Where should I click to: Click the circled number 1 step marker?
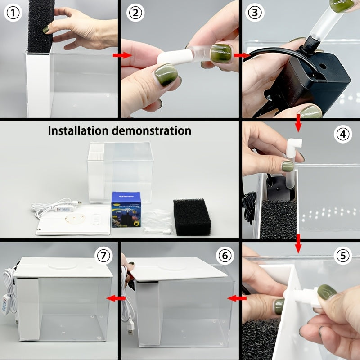tap(14, 13)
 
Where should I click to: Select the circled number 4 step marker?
tap(343, 134)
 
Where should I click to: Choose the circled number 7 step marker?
tap(104, 256)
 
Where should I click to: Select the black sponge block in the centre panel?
tap(192, 217)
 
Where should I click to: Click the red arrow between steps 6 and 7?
tap(119, 298)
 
